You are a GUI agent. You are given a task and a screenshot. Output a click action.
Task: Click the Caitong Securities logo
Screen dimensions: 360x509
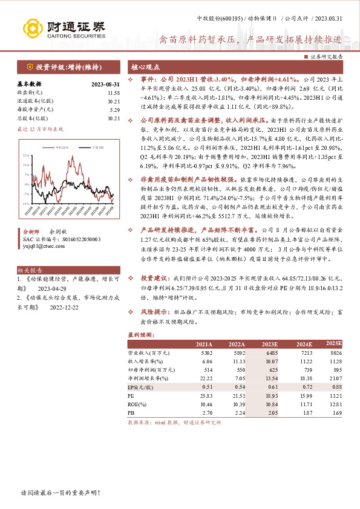coord(64,27)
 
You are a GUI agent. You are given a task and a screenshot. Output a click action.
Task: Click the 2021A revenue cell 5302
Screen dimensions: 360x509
coord(205,352)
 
